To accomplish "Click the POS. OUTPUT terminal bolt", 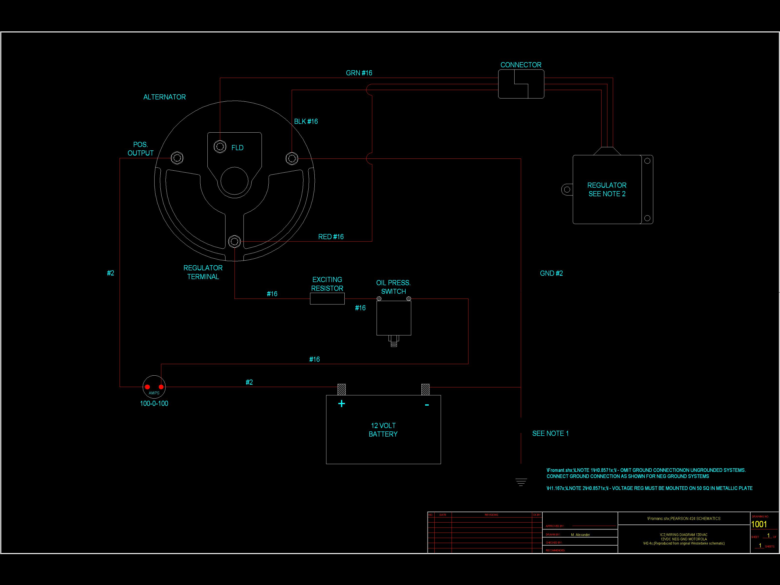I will click(177, 158).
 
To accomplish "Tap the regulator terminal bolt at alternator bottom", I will click(234, 242).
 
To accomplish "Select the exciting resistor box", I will click(327, 299).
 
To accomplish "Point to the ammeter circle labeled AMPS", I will click(154, 387).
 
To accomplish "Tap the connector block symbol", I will click(521, 84).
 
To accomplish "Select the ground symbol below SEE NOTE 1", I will click(521, 482).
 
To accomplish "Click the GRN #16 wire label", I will click(359, 73).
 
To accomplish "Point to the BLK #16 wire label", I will click(306, 122).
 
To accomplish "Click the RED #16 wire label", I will click(331, 237).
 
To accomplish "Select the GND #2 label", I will click(551, 273).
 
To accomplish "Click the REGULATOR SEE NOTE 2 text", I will click(606, 189).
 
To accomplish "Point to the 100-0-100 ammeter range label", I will click(154, 403).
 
